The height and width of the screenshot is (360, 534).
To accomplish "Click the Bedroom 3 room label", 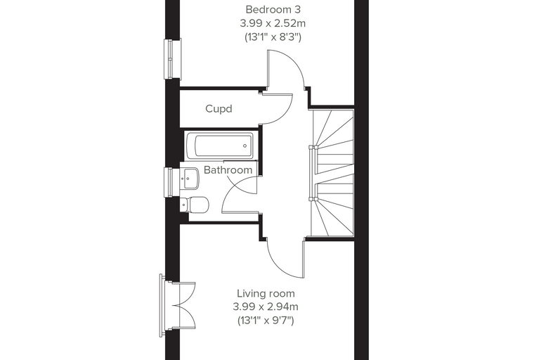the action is click(273, 10).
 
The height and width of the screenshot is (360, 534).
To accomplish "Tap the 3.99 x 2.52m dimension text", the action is click(273, 23).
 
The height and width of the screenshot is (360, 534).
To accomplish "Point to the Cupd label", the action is click(219, 109).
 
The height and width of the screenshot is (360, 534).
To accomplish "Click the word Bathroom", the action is click(228, 169).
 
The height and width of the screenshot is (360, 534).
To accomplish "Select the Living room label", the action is click(266, 293).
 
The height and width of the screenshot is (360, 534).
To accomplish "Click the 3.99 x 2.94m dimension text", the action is click(266, 307).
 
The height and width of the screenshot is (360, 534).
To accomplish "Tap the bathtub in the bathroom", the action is click(220, 146).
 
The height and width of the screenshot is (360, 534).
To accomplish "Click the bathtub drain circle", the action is click(245, 146).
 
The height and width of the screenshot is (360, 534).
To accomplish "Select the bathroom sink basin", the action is click(190, 178).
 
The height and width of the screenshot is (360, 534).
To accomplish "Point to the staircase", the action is click(332, 172).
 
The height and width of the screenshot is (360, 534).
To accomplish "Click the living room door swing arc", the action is click(278, 262).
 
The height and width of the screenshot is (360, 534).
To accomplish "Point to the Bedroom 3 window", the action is click(172, 58).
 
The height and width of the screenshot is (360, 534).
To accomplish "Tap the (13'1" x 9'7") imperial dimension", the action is click(266, 321).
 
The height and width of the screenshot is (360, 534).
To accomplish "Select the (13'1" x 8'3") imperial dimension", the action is click(273, 37).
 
